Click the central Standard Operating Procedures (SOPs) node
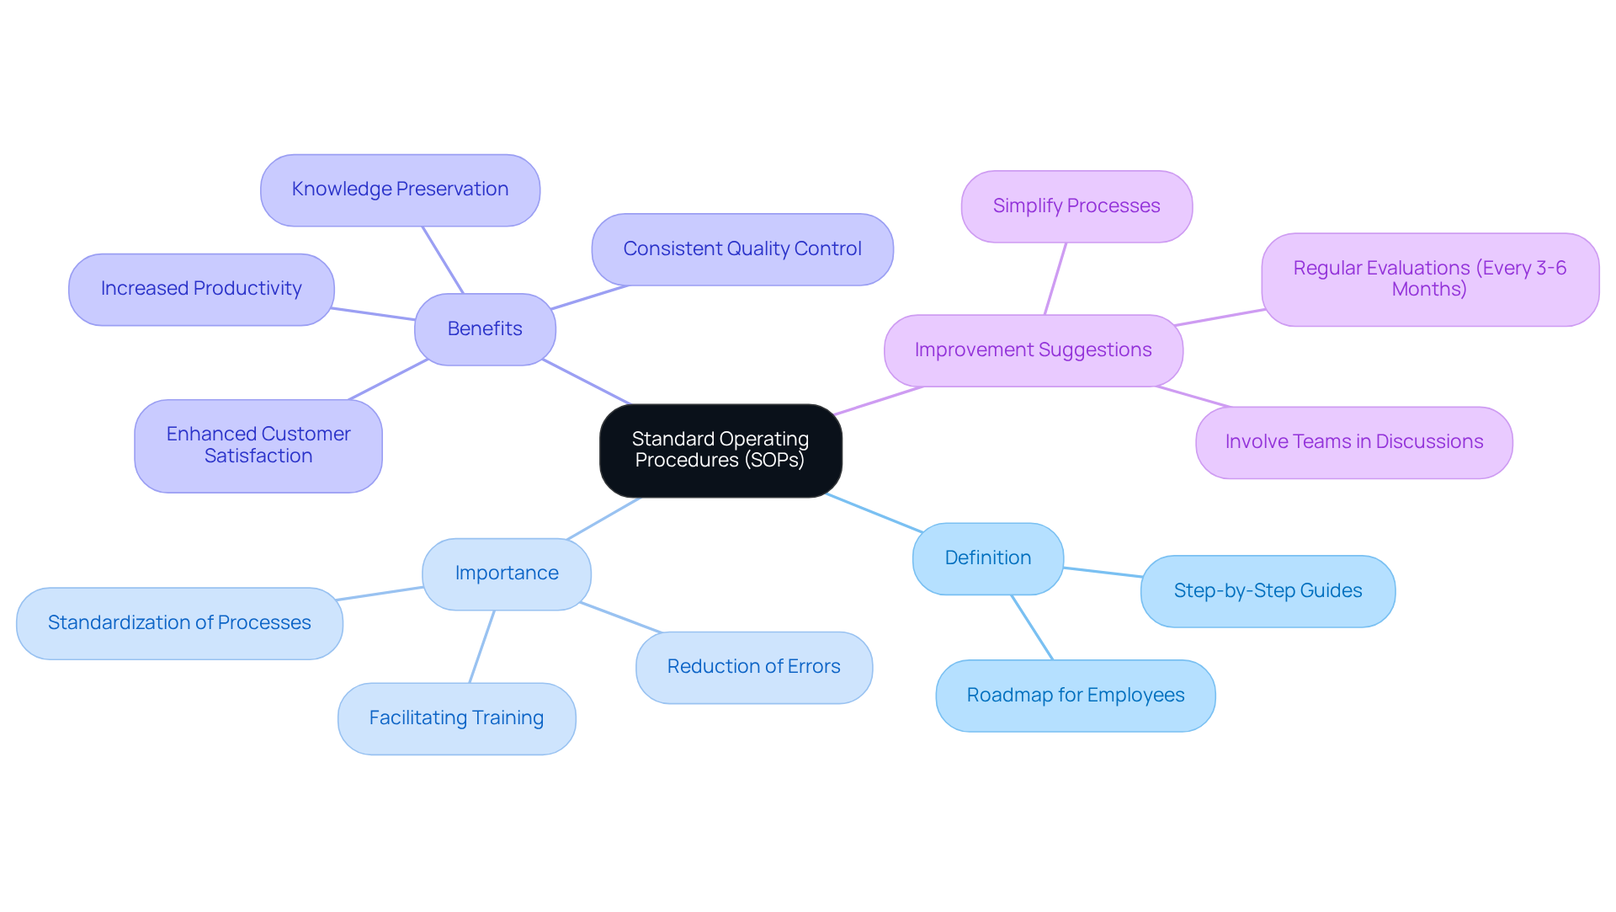tap(720, 451)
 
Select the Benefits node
tap(485, 329)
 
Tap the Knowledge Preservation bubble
tap(400, 190)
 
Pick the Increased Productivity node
tap(201, 290)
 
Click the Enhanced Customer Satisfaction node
tap(258, 445)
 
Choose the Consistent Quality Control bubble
tap(742, 249)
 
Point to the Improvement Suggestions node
tap(1033, 350)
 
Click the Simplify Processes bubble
tap(1076, 206)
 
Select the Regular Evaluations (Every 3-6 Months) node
tap(1429, 280)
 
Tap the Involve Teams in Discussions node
tap(1353, 442)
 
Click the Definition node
tap(987, 558)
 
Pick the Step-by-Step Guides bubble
tap(1268, 591)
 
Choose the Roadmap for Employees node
tap(1075, 696)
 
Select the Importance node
tap(507, 573)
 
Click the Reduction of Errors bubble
tap(753, 667)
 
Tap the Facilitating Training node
tap(456, 718)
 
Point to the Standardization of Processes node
tap(179, 623)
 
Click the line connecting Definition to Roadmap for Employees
tap(1032, 627)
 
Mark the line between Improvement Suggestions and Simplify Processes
tap(1055, 279)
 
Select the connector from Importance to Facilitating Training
tap(482, 646)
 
